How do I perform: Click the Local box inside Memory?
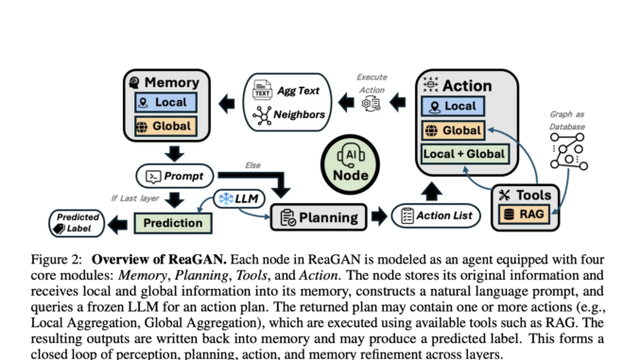(165, 102)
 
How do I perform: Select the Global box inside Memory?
(165, 126)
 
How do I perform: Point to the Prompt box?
(175, 176)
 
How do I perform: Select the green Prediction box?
(172, 223)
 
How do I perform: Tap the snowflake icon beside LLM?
(226, 197)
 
